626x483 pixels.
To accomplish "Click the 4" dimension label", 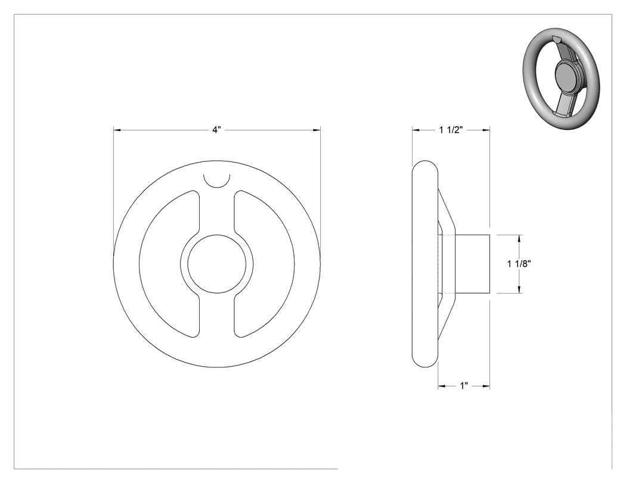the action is (x=216, y=130).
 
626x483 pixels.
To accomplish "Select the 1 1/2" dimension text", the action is (x=451, y=130).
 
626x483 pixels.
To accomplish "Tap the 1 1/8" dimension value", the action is (x=519, y=264).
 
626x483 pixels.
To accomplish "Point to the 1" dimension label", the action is (x=464, y=386).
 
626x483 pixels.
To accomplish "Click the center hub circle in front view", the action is (x=217, y=263).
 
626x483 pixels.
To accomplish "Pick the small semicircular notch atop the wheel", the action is (x=217, y=180).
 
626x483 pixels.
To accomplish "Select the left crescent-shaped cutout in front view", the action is (x=169, y=264).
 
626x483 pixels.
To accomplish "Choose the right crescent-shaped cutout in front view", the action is (x=264, y=264).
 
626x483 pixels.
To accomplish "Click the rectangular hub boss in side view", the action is (x=472, y=264).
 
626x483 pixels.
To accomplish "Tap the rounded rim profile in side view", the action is (x=424, y=264).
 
